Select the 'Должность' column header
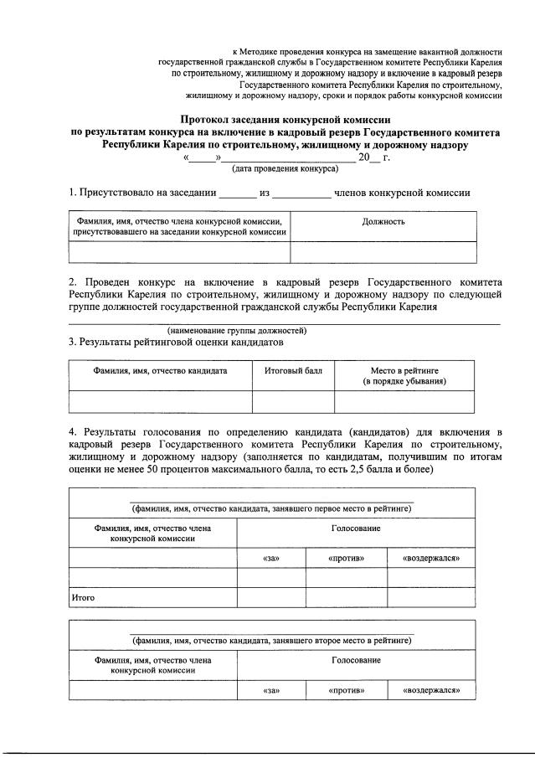pos(383,222)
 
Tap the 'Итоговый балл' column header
pos(287,369)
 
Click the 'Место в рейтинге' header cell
pos(404,375)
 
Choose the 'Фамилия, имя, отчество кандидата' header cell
pos(160,369)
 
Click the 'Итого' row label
pos(81,598)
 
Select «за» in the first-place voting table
pos(270,558)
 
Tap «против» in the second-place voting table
pos(347,691)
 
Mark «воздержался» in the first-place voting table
pos(431,558)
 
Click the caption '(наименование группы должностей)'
pos(236,330)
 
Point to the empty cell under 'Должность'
pos(383,251)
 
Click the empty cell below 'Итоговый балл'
pos(287,402)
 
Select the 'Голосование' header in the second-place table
pos(356,661)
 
